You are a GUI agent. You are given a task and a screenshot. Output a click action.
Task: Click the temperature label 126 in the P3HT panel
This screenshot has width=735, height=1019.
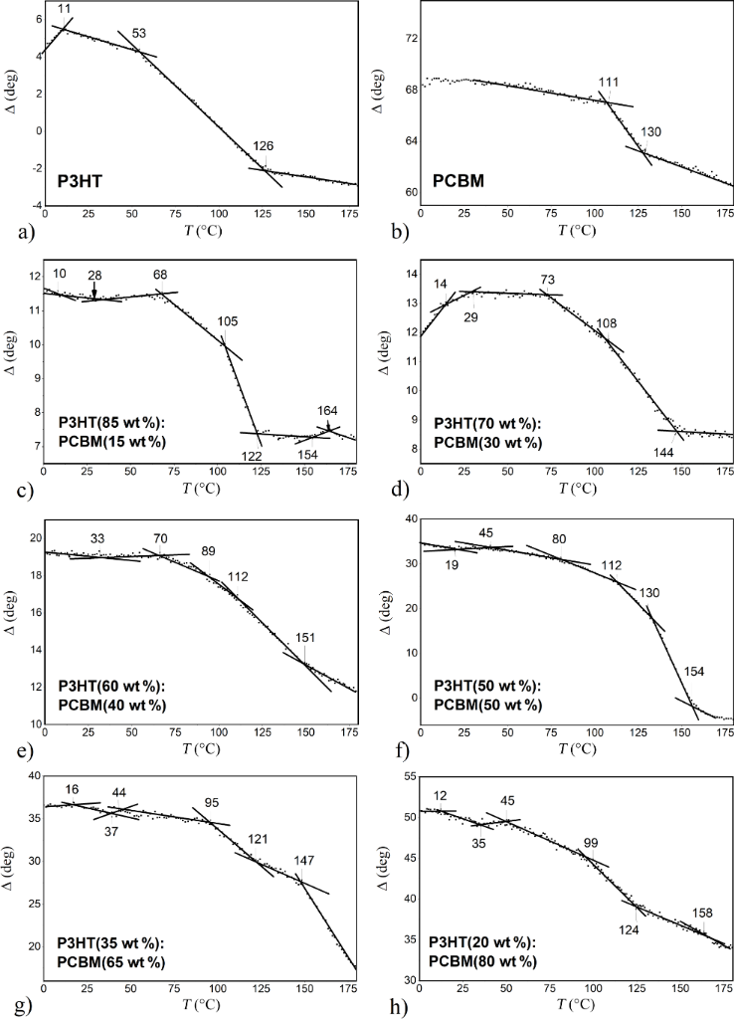point(264,146)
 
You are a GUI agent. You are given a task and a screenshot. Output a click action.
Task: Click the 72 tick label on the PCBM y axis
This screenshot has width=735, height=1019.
point(406,39)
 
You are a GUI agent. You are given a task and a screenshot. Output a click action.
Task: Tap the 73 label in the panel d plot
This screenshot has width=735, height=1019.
point(547,280)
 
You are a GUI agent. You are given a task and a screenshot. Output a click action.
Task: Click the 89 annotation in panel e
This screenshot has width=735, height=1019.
point(208,550)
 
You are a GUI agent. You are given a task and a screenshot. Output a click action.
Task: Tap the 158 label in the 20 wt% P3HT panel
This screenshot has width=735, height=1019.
point(701,912)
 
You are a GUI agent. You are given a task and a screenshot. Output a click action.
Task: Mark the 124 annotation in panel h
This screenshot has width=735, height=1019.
point(630,929)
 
